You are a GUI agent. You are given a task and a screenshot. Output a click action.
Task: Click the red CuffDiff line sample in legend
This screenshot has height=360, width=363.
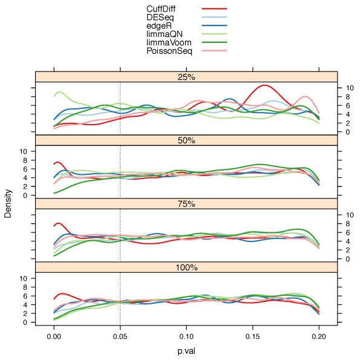tap(214, 9)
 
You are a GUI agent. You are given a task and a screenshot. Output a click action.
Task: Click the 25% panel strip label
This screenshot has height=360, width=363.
tap(186, 77)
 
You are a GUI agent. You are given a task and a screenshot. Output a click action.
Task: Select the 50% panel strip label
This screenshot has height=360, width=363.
tap(186, 140)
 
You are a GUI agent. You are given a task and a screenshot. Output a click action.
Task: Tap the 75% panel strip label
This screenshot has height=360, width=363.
tap(186, 204)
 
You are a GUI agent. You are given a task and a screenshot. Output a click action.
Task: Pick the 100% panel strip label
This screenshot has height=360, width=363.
tap(186, 267)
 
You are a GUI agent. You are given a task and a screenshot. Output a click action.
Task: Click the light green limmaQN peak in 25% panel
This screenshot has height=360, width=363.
tap(59, 93)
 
